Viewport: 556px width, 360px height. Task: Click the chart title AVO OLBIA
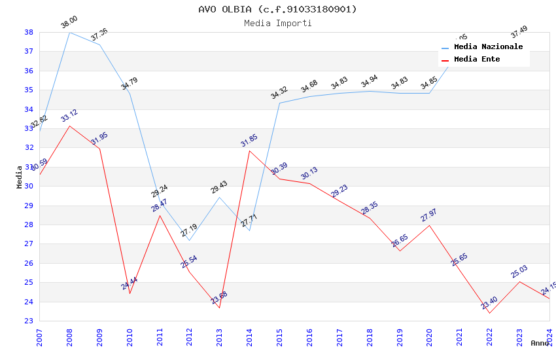[x=277, y=9]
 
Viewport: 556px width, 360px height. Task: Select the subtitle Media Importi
[x=277, y=24]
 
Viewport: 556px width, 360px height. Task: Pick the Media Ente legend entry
[x=477, y=60]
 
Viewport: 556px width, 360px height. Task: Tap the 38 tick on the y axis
[x=29, y=32]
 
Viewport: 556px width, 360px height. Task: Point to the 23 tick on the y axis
[x=29, y=321]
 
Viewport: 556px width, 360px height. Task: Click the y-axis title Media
[x=20, y=177]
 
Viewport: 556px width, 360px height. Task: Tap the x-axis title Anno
[x=540, y=343]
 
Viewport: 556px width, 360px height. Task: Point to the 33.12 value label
[x=69, y=117]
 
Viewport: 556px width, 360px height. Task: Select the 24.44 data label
[x=129, y=284]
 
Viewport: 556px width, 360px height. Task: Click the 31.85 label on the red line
[x=249, y=141]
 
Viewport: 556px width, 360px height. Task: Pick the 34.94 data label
[x=369, y=82]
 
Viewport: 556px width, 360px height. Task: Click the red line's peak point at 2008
[x=69, y=126]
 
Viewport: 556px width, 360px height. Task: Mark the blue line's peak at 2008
[x=69, y=32]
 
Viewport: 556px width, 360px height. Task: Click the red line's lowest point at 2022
[x=489, y=314]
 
